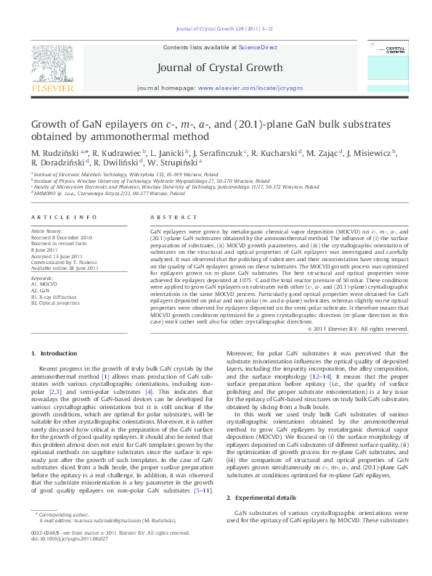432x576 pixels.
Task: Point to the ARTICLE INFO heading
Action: pyautogui.click(x=65, y=217)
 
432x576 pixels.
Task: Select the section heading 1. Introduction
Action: pyautogui.click(x=54, y=353)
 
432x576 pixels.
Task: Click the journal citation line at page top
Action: pyautogui.click(x=216, y=29)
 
